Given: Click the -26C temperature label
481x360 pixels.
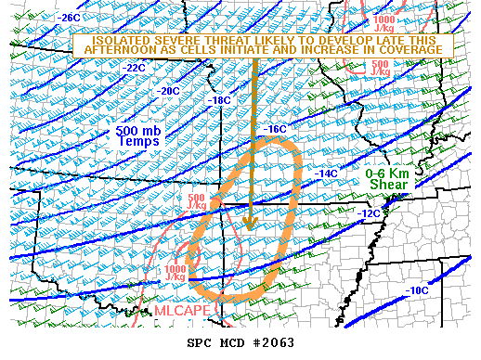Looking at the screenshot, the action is [69, 18].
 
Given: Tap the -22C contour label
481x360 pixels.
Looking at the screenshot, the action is [136, 68].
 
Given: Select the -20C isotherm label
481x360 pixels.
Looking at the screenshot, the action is [169, 91].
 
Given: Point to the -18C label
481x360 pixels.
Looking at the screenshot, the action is [220, 100].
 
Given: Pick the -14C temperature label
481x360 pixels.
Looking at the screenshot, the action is [326, 174].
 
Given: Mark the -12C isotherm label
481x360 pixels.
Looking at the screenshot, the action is [369, 213].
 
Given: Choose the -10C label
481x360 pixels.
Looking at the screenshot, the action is [417, 290].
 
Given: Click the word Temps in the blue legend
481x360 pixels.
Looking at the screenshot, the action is [136, 143].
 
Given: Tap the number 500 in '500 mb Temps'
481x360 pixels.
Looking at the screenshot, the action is [127, 131].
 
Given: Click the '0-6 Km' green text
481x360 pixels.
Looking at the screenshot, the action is [388, 173].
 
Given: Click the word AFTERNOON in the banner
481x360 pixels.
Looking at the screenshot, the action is [119, 52].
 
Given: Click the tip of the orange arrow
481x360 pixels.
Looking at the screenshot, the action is [248, 226].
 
